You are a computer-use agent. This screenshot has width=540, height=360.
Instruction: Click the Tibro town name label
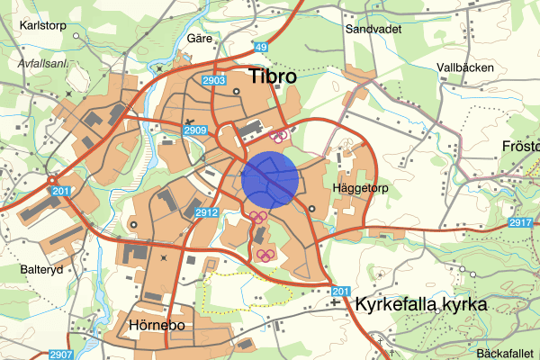(272, 76)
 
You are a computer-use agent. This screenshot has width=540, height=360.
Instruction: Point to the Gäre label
(199, 39)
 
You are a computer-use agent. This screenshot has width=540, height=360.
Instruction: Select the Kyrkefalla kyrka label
(421, 304)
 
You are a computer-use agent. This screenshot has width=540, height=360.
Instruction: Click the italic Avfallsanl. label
(43, 64)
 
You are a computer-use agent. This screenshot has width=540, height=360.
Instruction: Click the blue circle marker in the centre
(270, 179)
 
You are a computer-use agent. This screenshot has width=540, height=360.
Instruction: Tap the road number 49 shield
(261, 47)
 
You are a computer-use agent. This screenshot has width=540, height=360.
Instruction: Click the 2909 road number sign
(195, 131)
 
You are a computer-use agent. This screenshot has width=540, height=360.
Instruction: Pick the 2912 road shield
(206, 212)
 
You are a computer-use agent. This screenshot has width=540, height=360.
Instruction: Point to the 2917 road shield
(519, 222)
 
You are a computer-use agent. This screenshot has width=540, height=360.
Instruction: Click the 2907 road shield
(60, 354)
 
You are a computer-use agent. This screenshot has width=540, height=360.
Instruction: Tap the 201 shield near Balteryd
(59, 191)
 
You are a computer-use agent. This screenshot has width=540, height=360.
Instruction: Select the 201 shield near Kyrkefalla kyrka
(338, 291)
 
